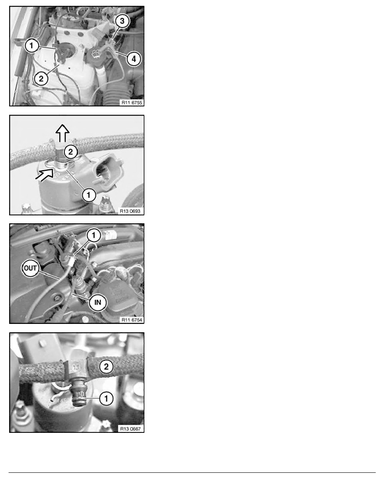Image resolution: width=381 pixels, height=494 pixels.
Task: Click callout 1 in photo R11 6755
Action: tap(32, 46)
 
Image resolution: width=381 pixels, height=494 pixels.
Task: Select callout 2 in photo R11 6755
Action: tap(41, 78)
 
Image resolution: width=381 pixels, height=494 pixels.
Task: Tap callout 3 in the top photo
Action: tap(122, 21)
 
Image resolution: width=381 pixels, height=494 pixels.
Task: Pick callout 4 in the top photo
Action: tap(134, 59)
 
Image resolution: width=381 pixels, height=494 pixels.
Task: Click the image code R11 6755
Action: tap(132, 102)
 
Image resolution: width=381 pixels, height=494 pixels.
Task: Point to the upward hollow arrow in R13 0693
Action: tap(63, 133)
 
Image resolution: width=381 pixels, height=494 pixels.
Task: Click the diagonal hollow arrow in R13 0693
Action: tap(45, 173)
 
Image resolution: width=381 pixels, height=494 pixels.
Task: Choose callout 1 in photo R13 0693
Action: tap(89, 195)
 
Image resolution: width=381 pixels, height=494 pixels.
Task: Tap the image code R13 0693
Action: tap(130, 211)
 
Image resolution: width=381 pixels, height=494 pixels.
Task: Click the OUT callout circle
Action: tap(30, 269)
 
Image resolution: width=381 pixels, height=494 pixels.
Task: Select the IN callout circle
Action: tap(98, 302)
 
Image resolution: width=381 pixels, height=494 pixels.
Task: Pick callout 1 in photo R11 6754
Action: tap(93, 235)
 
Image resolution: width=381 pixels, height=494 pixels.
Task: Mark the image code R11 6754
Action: tap(132, 320)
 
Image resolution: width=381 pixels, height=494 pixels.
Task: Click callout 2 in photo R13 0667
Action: tap(106, 367)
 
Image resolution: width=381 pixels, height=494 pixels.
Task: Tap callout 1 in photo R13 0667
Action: tap(106, 398)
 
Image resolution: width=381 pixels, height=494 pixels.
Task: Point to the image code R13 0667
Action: tap(130, 429)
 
